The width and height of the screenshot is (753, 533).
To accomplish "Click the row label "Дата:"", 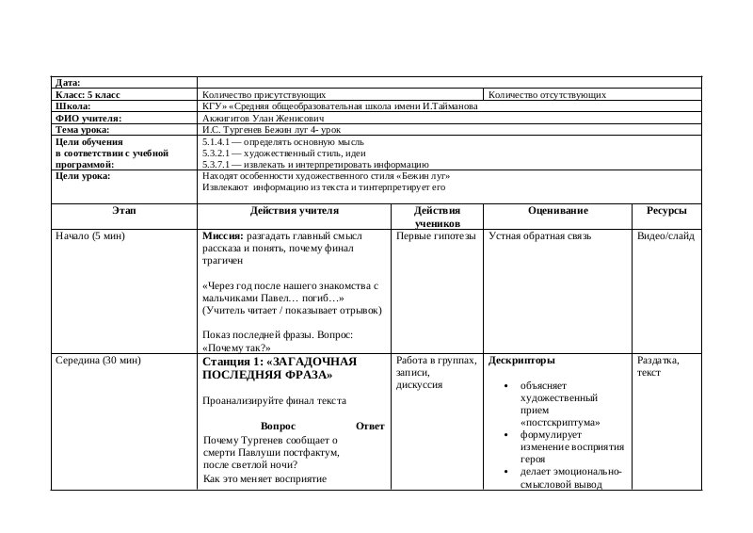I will (x=69, y=83).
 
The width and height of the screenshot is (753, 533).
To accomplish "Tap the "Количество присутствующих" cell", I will (x=264, y=95).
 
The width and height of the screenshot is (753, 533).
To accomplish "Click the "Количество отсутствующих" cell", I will (x=547, y=95).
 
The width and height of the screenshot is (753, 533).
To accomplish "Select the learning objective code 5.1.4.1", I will (x=222, y=142).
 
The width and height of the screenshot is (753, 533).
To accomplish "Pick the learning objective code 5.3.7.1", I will (x=222, y=165).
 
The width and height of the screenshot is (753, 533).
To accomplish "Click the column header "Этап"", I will (x=123, y=212).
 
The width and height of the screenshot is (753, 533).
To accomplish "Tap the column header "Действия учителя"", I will (x=293, y=212).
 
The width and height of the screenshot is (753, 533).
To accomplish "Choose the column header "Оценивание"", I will (x=558, y=212).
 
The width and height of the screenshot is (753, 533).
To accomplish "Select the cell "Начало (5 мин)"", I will (x=91, y=236).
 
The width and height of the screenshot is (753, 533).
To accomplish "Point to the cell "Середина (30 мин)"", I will (x=99, y=361).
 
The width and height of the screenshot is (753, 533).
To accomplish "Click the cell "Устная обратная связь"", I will (x=539, y=236).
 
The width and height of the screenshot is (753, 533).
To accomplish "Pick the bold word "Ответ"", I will (x=370, y=427).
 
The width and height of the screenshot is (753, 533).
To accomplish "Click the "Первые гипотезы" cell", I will (x=436, y=236).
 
